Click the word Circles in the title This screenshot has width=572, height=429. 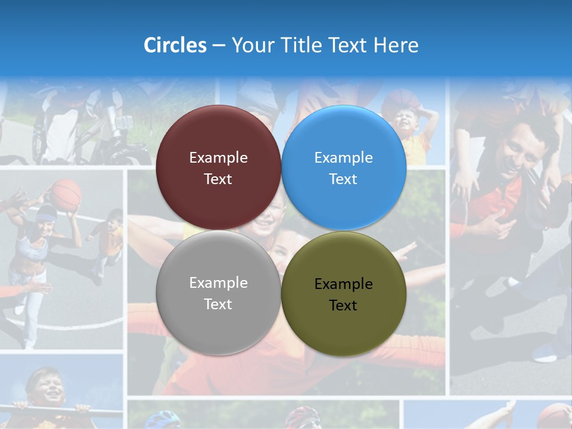(175, 45)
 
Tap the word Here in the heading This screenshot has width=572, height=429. (396, 45)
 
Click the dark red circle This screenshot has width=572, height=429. (218, 137)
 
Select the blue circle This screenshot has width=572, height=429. (344, 137)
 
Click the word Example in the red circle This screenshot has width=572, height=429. (218, 157)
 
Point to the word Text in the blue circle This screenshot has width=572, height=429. (343, 179)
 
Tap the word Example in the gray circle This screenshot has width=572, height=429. (218, 282)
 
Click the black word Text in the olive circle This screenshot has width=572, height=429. (343, 305)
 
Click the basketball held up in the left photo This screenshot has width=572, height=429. (65, 195)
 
